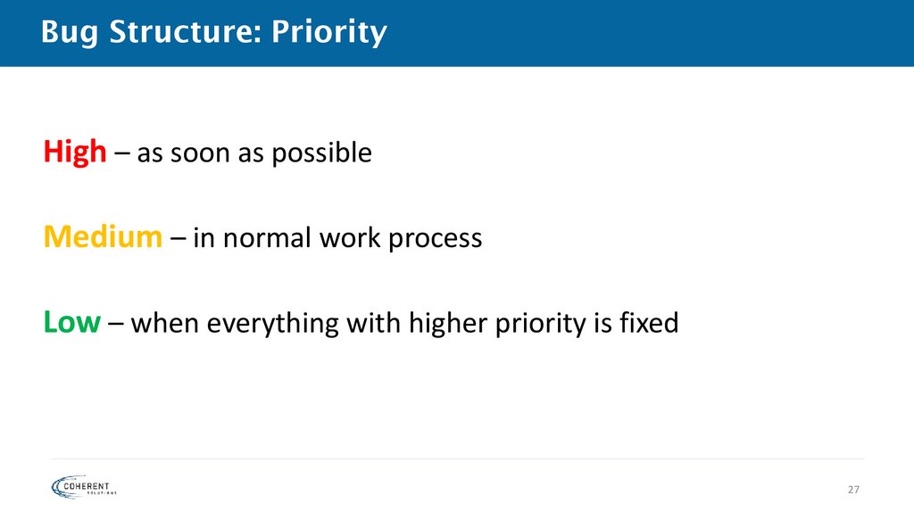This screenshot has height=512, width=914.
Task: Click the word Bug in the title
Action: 68,33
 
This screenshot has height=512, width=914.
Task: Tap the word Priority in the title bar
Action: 329,33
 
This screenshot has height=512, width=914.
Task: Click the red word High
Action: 74,153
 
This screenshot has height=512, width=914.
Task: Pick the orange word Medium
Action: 103,238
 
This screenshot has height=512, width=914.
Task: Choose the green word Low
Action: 71,323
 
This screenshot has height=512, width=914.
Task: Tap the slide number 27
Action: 853,490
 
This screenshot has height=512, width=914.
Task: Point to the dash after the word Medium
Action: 177,239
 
